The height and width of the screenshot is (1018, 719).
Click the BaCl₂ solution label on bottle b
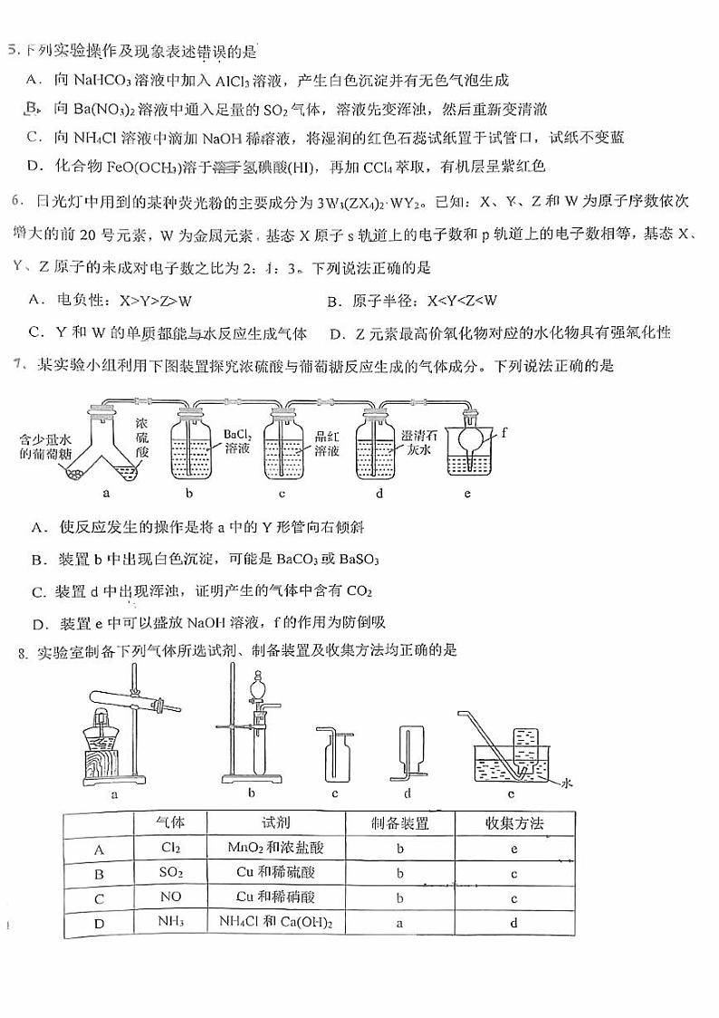tap(237, 441)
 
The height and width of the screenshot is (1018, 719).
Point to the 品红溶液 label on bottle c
tap(326, 442)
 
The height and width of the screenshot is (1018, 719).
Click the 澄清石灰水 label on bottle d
tap(417, 441)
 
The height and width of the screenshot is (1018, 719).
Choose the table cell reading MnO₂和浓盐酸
tap(276, 849)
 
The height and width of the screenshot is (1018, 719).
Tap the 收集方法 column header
tap(513, 822)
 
